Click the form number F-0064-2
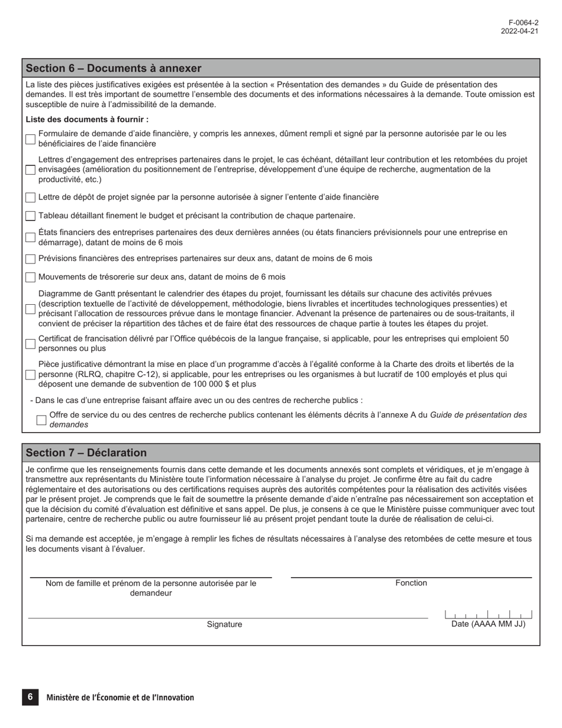click(x=524, y=22)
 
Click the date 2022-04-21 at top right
click(x=519, y=31)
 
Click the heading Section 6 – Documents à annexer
click(x=114, y=68)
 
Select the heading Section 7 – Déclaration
click(x=86, y=453)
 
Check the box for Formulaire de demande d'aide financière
click(x=30, y=139)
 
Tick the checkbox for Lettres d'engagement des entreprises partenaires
click(x=30, y=170)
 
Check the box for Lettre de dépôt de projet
click(x=30, y=198)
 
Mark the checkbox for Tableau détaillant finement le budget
click(x=30, y=216)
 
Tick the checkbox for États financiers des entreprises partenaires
click(x=30, y=238)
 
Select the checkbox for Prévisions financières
click(x=30, y=259)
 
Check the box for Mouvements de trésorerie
click(x=30, y=277)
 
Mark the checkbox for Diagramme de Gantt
click(x=30, y=309)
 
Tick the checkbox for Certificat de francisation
click(x=30, y=344)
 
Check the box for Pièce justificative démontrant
click(x=30, y=375)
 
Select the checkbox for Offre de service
click(x=41, y=420)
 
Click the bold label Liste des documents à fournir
click(x=87, y=120)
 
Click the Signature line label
click(x=224, y=624)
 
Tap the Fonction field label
click(x=411, y=583)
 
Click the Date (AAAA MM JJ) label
click(x=488, y=624)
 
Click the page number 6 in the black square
click(x=30, y=697)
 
